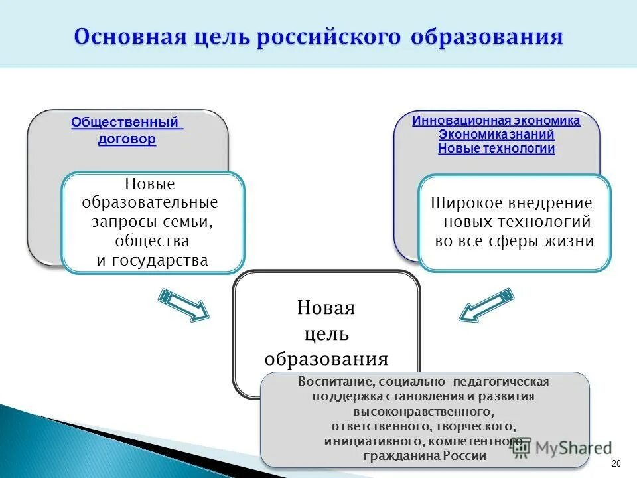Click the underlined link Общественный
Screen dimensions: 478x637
point(125,123)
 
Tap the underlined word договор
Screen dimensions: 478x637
point(127,139)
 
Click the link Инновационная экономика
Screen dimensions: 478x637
point(496,121)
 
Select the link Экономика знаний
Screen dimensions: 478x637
point(496,135)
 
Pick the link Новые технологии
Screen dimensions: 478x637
point(496,149)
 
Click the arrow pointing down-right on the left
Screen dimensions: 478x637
point(183,304)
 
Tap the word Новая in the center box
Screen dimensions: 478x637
point(326,308)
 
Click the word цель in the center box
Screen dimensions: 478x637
point(326,333)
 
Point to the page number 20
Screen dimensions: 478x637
point(615,463)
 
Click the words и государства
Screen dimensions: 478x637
point(152,260)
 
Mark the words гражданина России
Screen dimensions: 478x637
point(425,456)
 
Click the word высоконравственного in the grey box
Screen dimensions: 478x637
point(425,412)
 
